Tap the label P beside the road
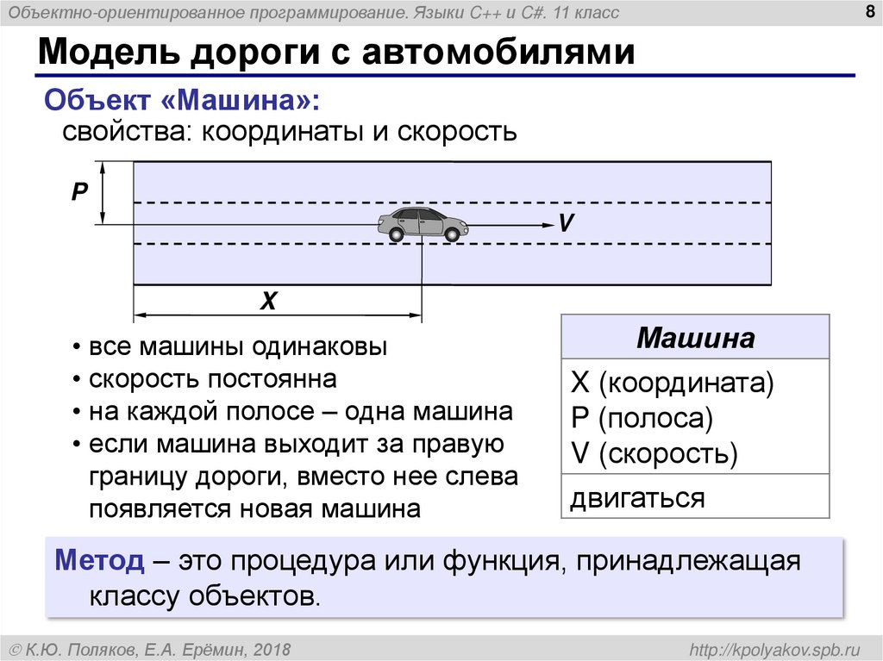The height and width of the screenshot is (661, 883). pyautogui.click(x=80, y=192)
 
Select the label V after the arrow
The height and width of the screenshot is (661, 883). pyautogui.click(x=566, y=223)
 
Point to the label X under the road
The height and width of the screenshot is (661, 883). pyautogui.click(x=269, y=301)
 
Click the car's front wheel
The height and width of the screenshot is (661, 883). pyautogui.click(x=451, y=234)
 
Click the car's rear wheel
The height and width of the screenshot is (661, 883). pyautogui.click(x=395, y=234)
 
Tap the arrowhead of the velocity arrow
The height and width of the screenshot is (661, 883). pyautogui.click(x=547, y=225)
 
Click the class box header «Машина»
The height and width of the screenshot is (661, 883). pyautogui.click(x=695, y=338)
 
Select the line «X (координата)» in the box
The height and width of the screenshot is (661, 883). pyautogui.click(x=673, y=384)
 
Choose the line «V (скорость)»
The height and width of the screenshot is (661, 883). pyautogui.click(x=654, y=453)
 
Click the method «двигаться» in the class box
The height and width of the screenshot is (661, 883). pyautogui.click(x=637, y=497)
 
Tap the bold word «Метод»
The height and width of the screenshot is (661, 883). pyautogui.click(x=100, y=561)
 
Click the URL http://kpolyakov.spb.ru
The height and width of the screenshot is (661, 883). pyautogui.click(x=771, y=648)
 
